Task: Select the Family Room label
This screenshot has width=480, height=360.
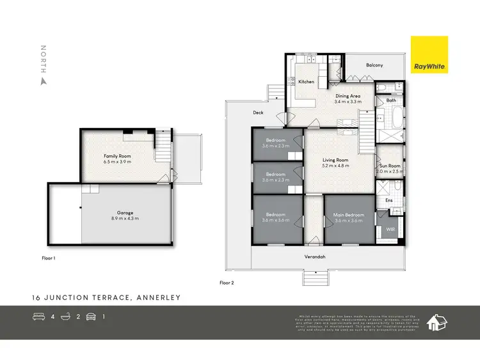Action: pos(117,156)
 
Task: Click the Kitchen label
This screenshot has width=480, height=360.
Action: pos(306,82)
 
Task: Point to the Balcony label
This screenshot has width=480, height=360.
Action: pos(374,65)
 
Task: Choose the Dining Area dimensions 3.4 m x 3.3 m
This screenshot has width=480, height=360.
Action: pos(348,102)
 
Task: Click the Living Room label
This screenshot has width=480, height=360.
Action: pos(335,160)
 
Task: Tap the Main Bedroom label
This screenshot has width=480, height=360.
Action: pos(349,215)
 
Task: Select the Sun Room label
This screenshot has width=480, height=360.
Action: pos(390,165)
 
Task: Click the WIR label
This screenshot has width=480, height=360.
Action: pos(391,229)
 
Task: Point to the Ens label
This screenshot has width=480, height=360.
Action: pos(389,201)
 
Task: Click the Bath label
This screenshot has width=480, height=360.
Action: pos(391,100)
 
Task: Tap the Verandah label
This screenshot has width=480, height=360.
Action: pos(315,257)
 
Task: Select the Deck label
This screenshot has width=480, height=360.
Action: pos(258,113)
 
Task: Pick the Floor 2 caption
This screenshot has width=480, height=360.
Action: pos(228,282)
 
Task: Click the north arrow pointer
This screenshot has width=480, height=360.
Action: pos(44,81)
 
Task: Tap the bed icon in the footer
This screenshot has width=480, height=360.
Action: pos(38,316)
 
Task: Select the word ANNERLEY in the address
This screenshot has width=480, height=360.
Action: pos(157,298)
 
